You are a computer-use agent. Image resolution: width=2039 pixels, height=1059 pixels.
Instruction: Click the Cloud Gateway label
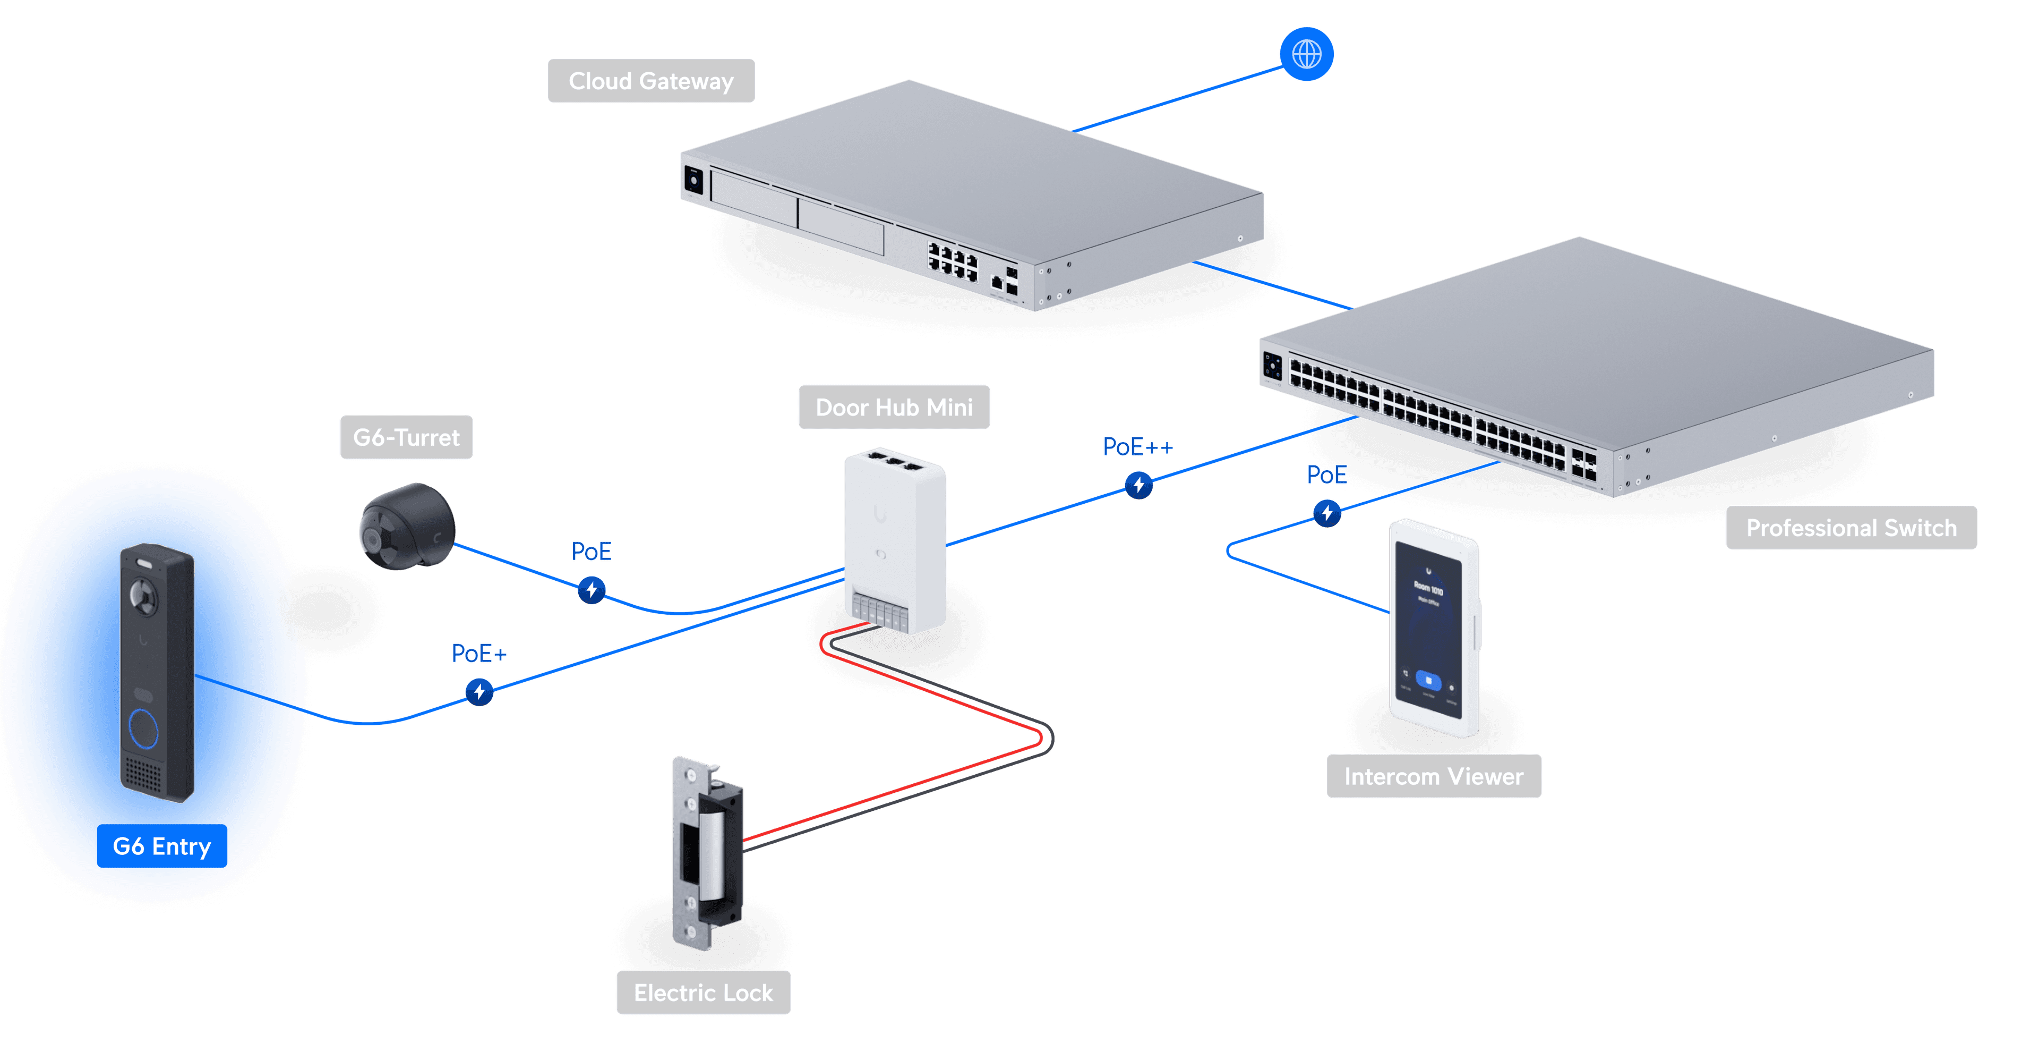tap(650, 81)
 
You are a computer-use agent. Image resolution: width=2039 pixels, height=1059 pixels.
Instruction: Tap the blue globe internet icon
tap(1306, 54)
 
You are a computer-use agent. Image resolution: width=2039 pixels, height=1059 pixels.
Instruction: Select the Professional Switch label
tap(1850, 528)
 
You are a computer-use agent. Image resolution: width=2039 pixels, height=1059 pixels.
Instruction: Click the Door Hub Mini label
tap(894, 407)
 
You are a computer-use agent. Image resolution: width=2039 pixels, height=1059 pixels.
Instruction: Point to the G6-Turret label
tap(406, 437)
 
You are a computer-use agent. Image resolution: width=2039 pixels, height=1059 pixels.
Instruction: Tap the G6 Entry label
tap(161, 846)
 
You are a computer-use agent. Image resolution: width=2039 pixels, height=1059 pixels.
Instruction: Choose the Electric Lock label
tap(703, 993)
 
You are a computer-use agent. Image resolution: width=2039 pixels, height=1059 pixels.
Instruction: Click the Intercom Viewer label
tap(1434, 776)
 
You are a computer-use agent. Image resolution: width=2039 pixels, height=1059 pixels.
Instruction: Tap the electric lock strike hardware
tap(707, 851)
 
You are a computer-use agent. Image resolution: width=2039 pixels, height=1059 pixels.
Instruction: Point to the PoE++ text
tap(1137, 447)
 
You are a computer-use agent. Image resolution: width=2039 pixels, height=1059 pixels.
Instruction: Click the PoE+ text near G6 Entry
tap(478, 654)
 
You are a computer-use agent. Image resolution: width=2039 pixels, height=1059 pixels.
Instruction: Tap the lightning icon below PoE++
tap(1138, 485)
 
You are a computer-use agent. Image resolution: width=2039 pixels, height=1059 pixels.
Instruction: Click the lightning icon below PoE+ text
tap(479, 691)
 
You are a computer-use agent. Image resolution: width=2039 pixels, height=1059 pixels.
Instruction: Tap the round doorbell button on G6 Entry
tap(143, 728)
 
